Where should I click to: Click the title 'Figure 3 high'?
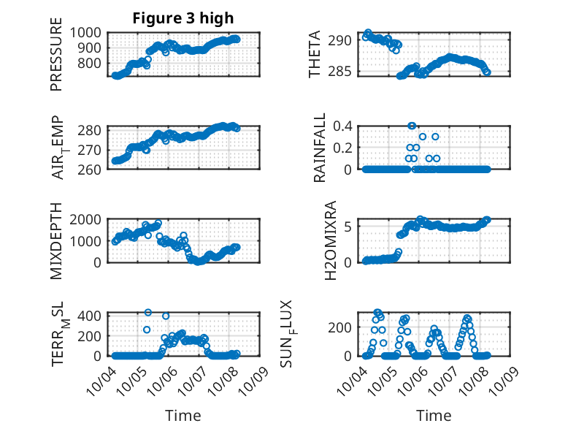tap(183, 18)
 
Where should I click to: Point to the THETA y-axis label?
tap(315, 56)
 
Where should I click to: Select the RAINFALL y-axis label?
tap(320, 149)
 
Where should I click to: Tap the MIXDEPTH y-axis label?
tap(56, 242)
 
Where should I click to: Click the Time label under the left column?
tap(183, 416)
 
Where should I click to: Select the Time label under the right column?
tap(434, 416)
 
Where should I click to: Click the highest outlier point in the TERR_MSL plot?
tap(147, 313)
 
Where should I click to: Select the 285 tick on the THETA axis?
tap(345, 71)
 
